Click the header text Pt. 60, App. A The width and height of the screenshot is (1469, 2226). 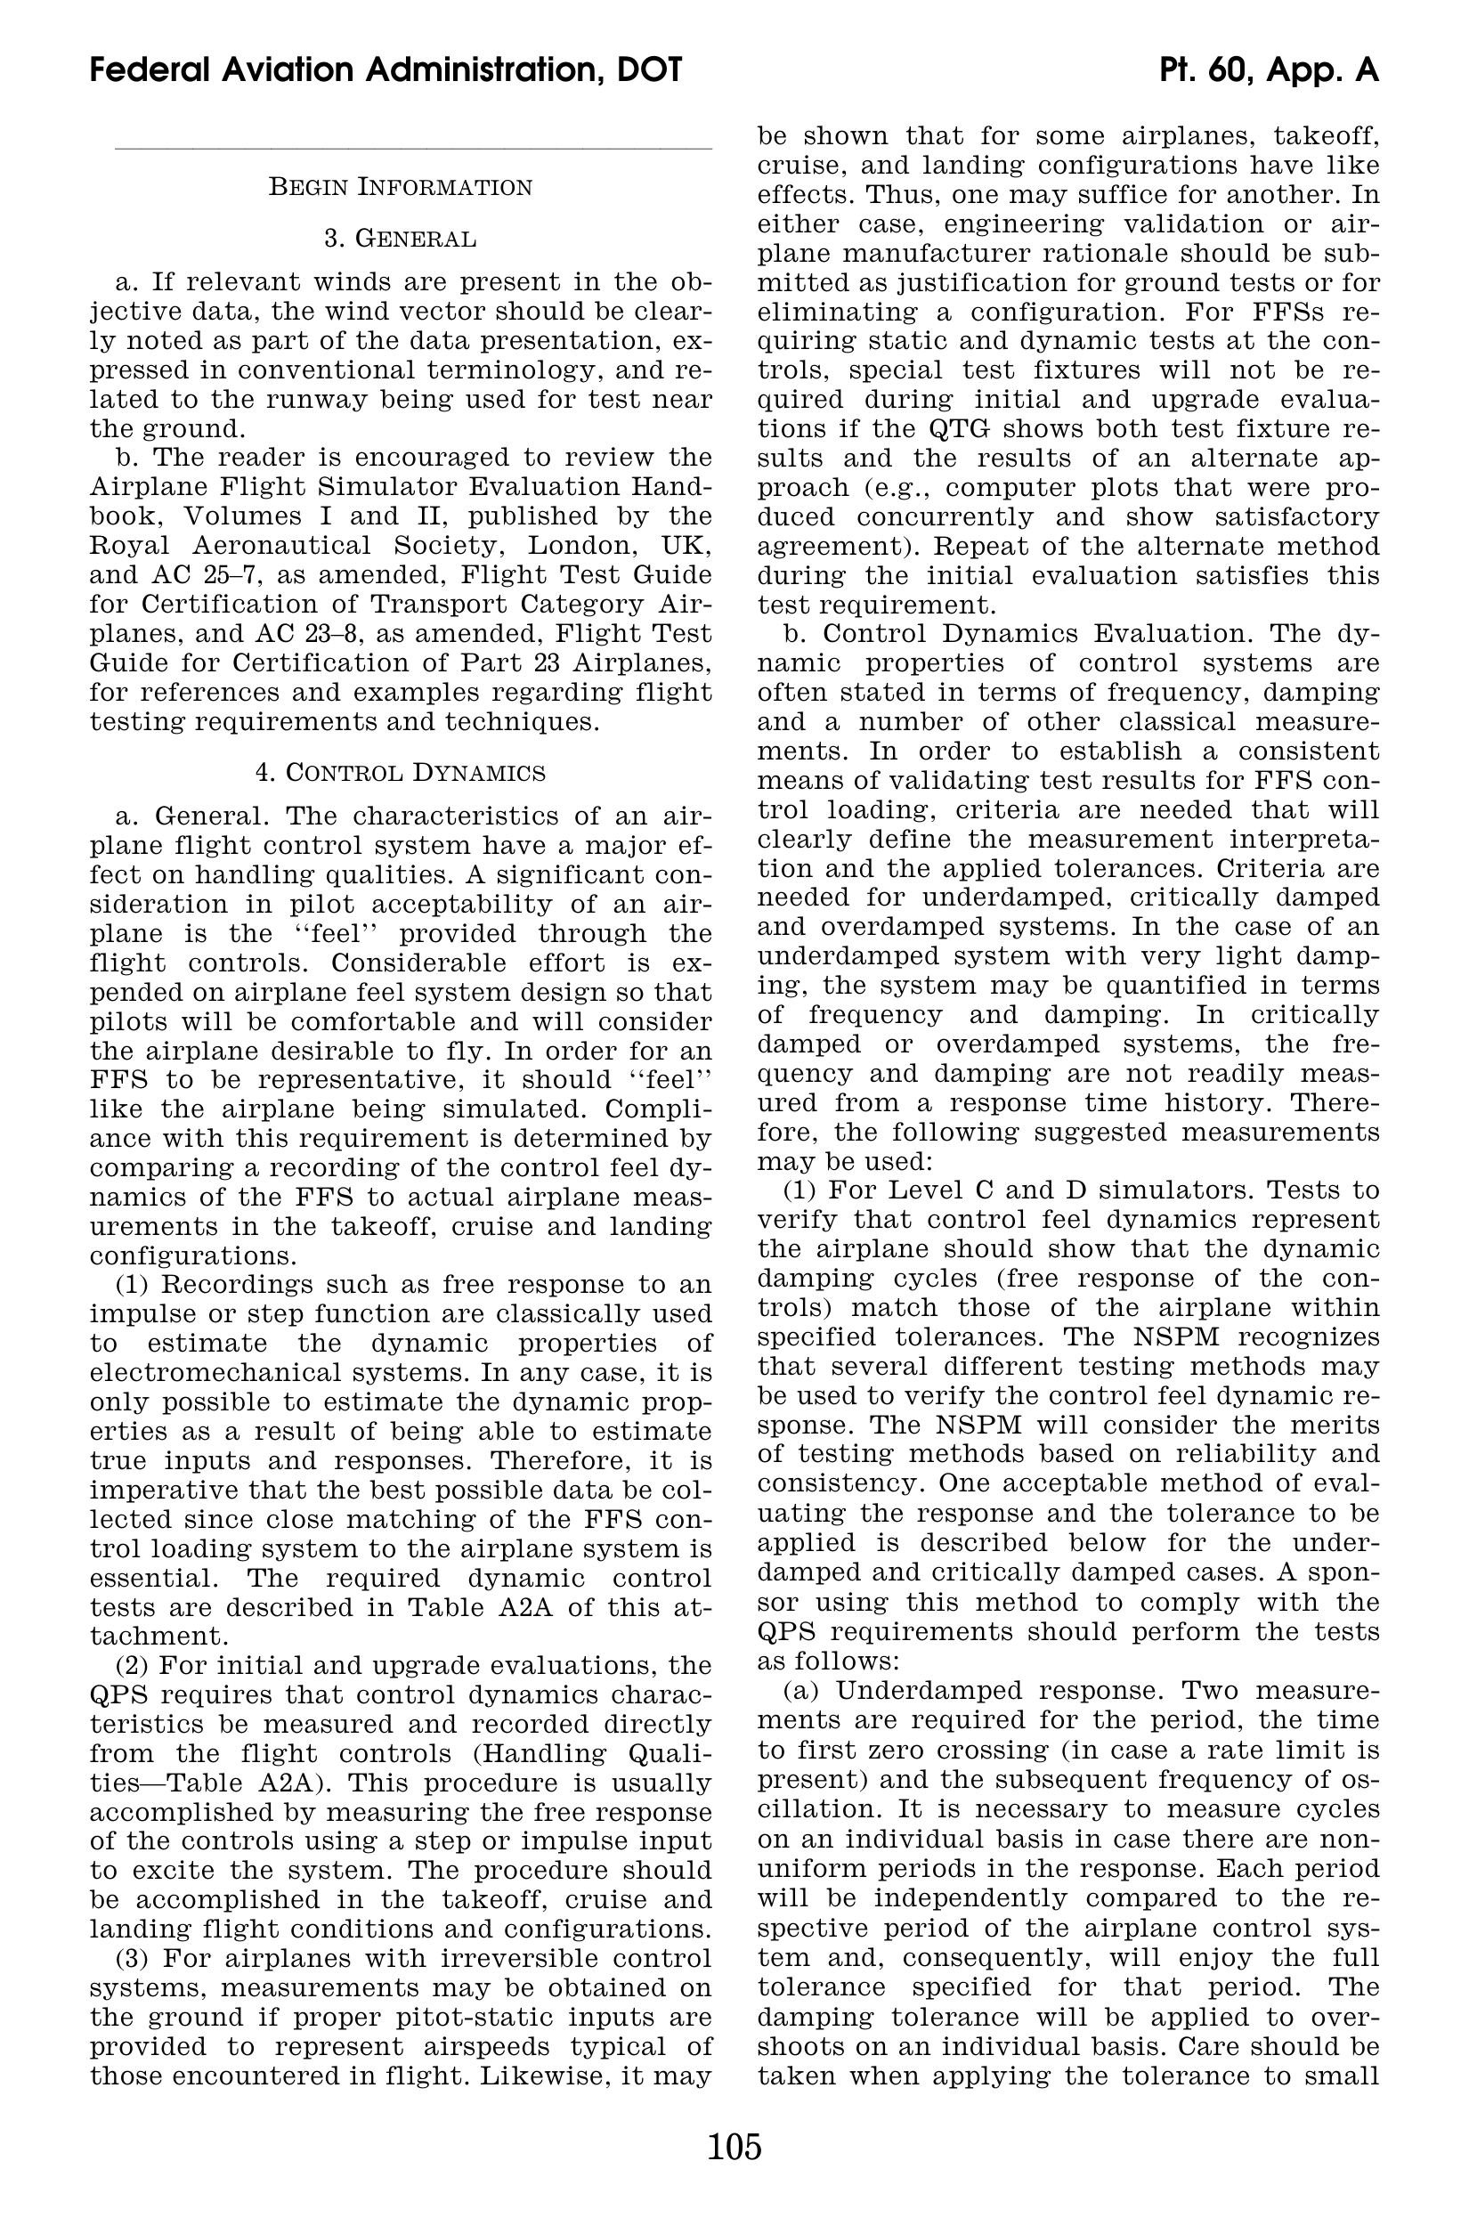[x=1269, y=70]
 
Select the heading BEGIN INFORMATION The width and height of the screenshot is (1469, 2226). [x=400, y=187]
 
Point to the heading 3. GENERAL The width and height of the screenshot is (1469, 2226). [x=400, y=239]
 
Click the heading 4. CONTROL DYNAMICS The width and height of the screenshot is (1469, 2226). [x=400, y=773]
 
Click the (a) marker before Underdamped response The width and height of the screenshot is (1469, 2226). [x=802, y=1691]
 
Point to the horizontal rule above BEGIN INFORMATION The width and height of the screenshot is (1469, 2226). [x=412, y=148]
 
